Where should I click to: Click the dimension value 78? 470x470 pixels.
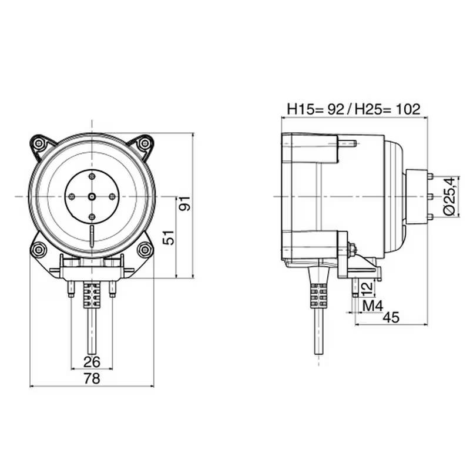pyautogui.click(x=92, y=379)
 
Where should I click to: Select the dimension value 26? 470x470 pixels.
pyautogui.click(x=92, y=361)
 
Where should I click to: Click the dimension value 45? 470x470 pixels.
pyautogui.click(x=391, y=317)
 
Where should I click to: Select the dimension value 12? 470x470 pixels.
pyautogui.click(x=365, y=288)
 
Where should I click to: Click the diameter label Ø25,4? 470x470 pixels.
pyautogui.click(x=448, y=196)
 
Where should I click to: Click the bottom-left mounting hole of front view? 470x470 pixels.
pyautogui.click(x=39, y=250)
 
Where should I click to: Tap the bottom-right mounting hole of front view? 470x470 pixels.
pyautogui.click(x=143, y=250)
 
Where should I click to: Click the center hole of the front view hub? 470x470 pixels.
pyautogui.click(x=92, y=196)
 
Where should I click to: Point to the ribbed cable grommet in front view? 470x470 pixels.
pyautogui.click(x=92, y=292)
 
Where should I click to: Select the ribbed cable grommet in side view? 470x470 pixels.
pyautogui.click(x=318, y=295)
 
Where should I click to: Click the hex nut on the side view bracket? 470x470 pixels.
pyautogui.click(x=351, y=250)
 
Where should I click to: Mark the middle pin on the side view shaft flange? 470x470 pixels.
pyautogui.click(x=430, y=196)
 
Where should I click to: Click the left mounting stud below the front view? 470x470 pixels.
pyautogui.click(x=72, y=289)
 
